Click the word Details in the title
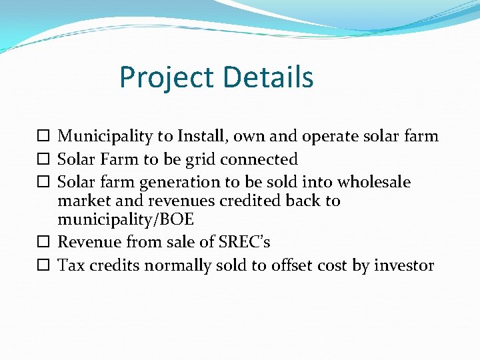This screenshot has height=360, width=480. (x=269, y=77)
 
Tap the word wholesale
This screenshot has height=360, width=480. (x=373, y=182)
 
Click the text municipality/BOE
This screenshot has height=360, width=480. (x=125, y=219)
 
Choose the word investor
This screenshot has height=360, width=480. (x=404, y=265)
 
